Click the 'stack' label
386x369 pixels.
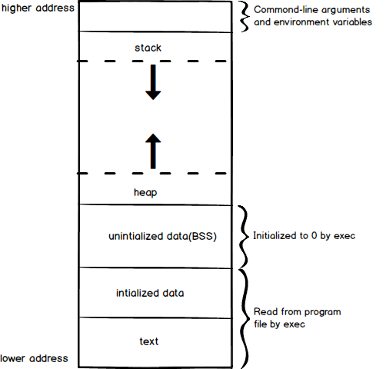[148, 48]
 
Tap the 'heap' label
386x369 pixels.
[145, 193]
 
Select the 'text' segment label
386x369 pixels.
[149, 341]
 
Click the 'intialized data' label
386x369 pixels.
[150, 293]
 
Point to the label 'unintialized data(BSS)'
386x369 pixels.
[162, 236]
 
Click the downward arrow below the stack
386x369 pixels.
[153, 82]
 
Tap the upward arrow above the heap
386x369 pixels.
[153, 151]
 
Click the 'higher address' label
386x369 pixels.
[38, 8]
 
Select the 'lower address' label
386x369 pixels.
[34, 358]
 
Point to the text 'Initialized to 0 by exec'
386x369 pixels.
[304, 236]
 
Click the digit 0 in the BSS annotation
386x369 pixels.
[314, 235]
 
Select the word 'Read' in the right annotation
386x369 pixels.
[265, 312]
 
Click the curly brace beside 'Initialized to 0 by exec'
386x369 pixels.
[244, 237]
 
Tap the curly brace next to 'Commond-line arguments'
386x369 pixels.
[245, 17]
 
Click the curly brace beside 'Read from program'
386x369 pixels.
[245, 318]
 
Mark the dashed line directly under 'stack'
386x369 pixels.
[151, 61]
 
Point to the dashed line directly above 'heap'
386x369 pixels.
[151, 174]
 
